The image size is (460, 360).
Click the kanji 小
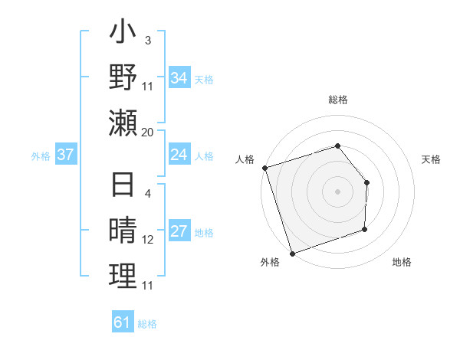click(123, 34)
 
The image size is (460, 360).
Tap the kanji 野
click(123, 78)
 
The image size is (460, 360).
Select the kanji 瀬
click(123, 123)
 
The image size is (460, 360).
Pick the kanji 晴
click(123, 232)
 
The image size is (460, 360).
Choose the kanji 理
click(123, 277)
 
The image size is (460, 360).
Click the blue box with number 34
click(179, 77)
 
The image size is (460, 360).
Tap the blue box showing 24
click(179, 155)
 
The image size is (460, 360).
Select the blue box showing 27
click(179, 232)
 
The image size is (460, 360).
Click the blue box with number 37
click(66, 155)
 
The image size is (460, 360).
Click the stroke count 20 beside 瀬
click(148, 133)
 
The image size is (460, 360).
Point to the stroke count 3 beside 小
click(148, 39)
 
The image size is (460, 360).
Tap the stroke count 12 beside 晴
click(148, 240)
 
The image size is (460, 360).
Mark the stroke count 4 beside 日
click(148, 193)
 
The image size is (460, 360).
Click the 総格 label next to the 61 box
click(147, 324)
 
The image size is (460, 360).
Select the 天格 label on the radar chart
click(432, 159)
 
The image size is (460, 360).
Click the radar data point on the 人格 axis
click(264, 168)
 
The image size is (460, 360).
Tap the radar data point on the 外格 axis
click(292, 253)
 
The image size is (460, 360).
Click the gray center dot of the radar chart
click(337, 191)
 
